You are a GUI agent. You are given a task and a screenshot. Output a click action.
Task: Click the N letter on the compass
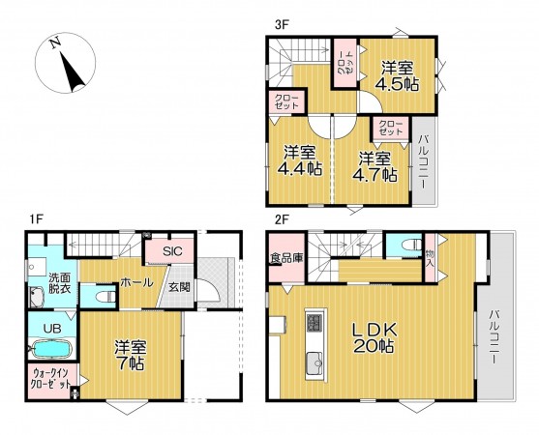(55, 43)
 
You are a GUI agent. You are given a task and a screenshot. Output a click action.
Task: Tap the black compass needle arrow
(73, 72)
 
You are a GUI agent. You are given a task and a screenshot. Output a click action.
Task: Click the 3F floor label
(282, 25)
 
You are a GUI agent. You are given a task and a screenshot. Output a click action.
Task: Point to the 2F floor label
(282, 219)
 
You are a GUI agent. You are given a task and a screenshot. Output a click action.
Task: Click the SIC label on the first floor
(172, 251)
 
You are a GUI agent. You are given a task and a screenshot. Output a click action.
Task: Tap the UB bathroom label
(52, 329)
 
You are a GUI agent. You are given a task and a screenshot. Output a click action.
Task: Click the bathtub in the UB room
(51, 350)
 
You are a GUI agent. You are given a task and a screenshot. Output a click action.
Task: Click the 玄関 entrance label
(179, 287)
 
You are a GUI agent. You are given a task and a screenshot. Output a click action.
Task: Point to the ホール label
(136, 283)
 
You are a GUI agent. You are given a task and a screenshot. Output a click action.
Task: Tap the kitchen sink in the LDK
(314, 364)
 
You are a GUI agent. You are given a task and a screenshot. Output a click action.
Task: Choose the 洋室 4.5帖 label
(397, 76)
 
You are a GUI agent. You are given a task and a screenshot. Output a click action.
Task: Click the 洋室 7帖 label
(131, 355)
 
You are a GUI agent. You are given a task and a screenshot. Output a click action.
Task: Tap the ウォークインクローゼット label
(51, 378)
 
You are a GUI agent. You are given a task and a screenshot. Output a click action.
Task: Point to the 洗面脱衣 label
(59, 283)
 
